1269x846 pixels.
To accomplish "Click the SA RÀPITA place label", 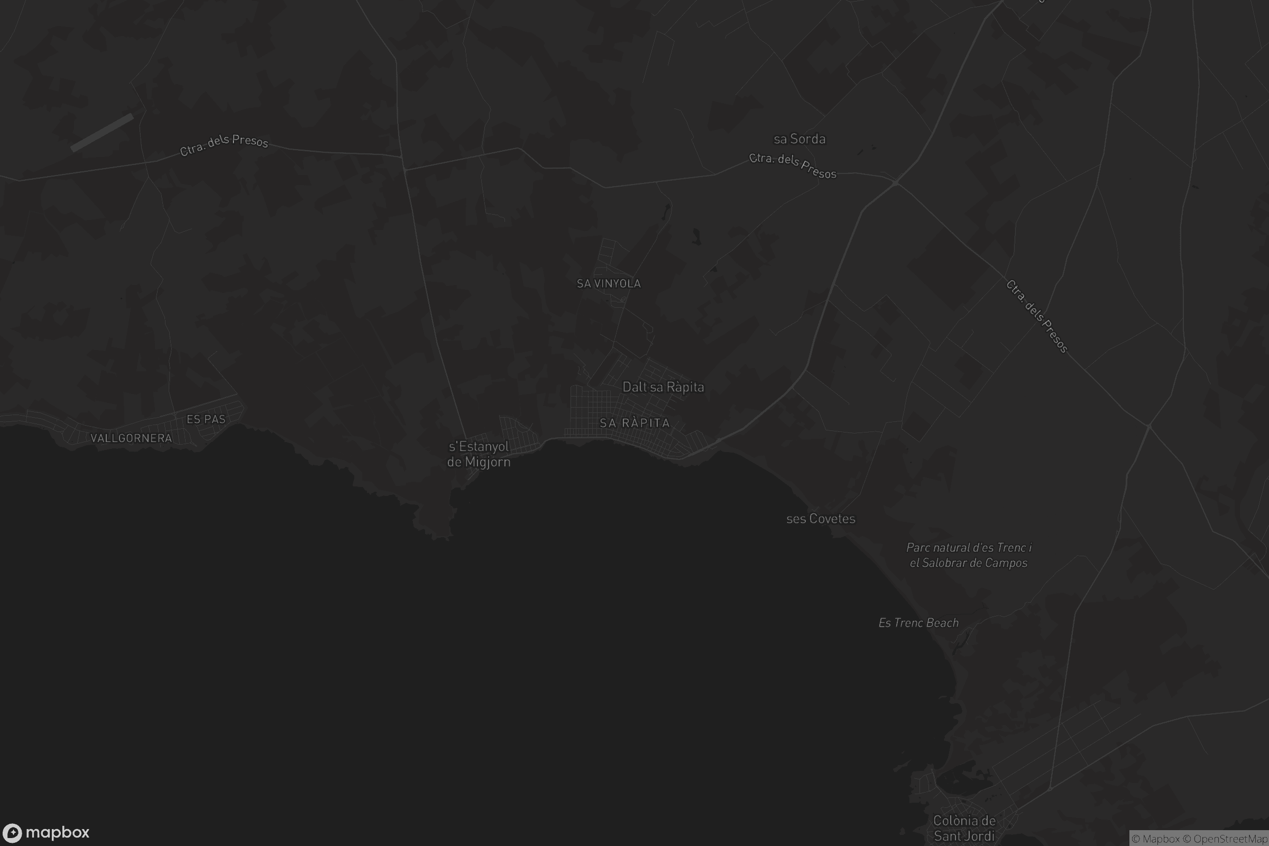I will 635,423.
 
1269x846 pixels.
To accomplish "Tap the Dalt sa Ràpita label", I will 663,387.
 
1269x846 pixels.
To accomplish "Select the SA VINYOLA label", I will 609,283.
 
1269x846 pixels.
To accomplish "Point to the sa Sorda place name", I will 799,139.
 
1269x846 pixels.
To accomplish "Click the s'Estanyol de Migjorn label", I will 479,454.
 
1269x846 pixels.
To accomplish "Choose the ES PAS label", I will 206,419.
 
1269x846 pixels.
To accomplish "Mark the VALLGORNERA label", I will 131,438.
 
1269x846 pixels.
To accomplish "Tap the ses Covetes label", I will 821,519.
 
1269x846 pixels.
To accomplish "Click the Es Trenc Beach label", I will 918,623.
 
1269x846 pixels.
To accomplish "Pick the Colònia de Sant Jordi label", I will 964,828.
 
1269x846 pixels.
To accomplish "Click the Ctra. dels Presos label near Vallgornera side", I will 224,144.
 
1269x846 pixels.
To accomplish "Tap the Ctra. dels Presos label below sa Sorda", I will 793,165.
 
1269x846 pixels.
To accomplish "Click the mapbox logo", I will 46,832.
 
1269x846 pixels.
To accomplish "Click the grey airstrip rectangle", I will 102,133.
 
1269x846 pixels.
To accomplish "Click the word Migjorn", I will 487,462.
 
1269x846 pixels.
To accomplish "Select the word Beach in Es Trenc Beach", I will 942,623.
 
